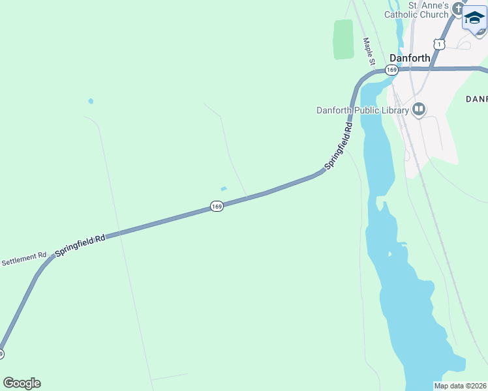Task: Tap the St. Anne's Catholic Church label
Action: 425,9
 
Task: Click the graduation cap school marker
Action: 474,18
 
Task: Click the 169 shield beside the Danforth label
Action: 391,70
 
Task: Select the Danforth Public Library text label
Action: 363,110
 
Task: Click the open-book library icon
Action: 419,109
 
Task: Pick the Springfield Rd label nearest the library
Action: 339,145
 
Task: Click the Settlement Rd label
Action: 24,259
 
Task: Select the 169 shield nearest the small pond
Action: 217,207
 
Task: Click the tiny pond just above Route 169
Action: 224,189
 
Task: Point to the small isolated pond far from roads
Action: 91,101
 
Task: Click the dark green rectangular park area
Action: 343,39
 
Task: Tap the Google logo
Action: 22,383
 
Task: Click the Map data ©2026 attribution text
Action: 460,386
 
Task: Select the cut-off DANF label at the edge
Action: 477,98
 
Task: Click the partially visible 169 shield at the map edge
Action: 2,354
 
